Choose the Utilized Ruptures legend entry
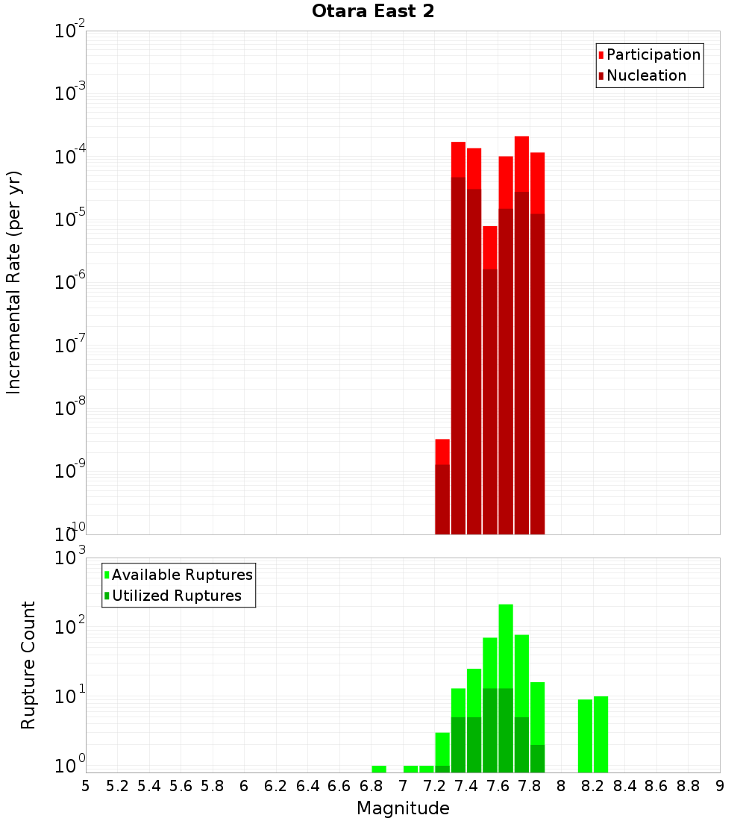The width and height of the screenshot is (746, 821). coord(176,596)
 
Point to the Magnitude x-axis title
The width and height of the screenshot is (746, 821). coord(403,808)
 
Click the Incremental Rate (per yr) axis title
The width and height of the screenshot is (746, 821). coord(14,282)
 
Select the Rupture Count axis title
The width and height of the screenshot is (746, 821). coord(28,665)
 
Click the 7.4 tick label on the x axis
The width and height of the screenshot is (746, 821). coord(466,786)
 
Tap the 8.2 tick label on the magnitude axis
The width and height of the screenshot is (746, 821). coord(593,786)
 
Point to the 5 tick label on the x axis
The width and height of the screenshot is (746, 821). coord(86,786)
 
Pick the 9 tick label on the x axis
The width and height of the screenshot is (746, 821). coord(720,786)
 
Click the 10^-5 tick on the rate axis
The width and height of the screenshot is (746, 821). coord(71,219)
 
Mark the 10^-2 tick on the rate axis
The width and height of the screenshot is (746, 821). coord(71,31)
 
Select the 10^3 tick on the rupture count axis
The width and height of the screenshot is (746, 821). coord(71,558)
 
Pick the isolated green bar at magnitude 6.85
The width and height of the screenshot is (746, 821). coord(379,769)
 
